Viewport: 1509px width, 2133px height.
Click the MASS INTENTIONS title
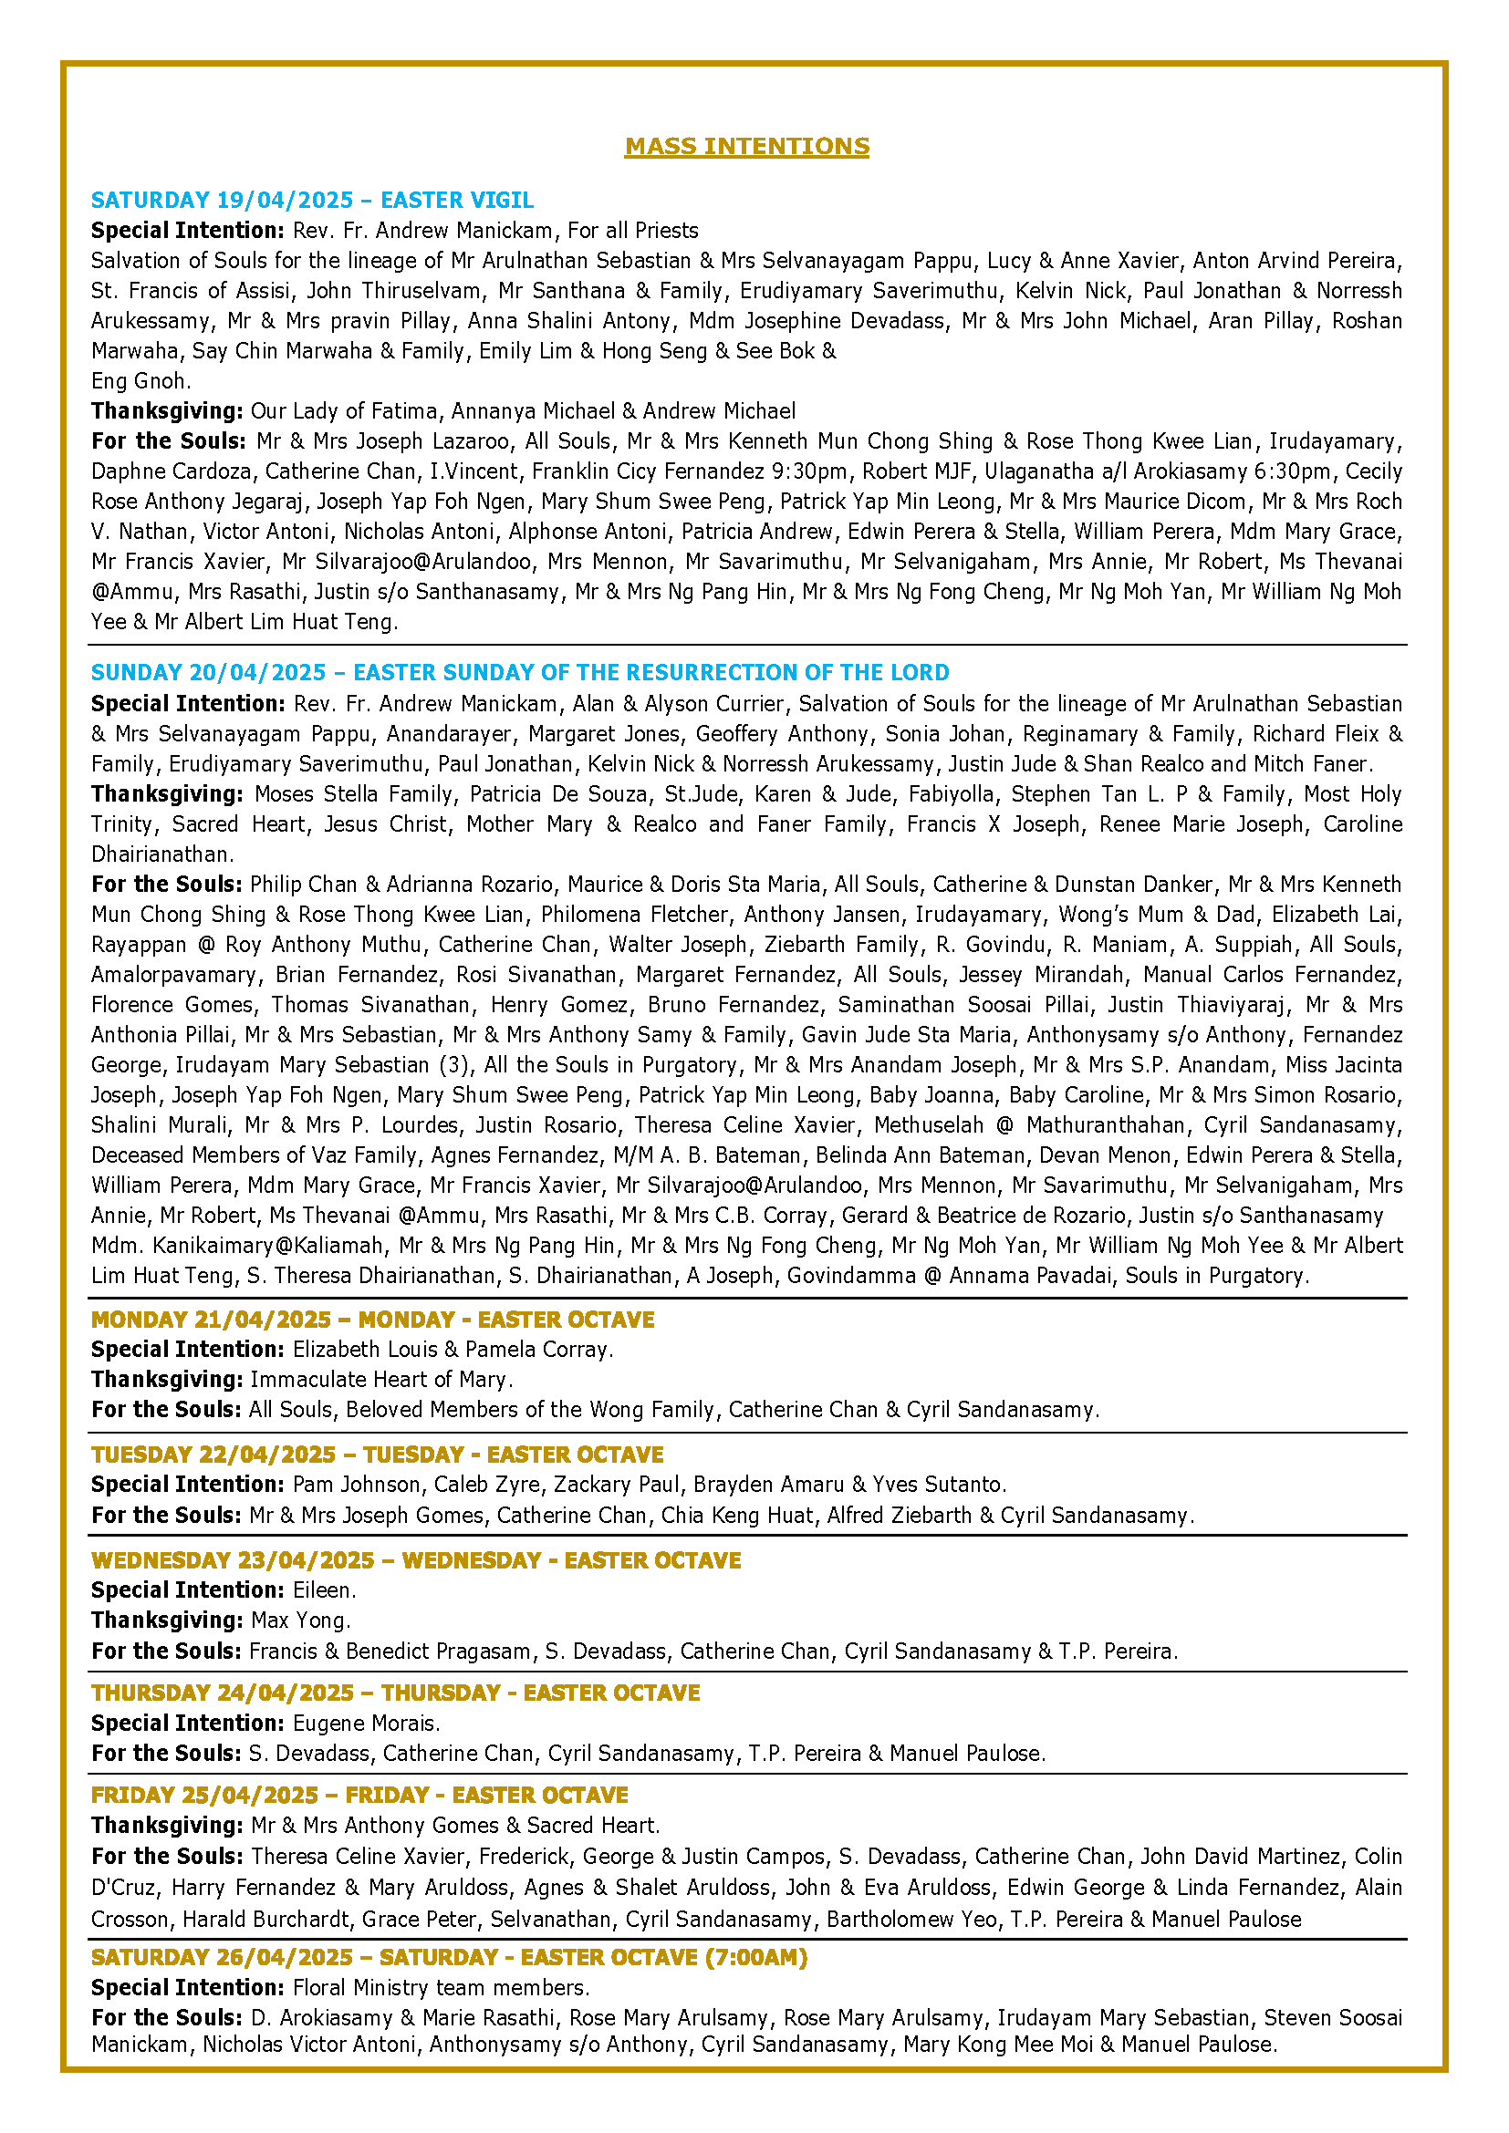[x=747, y=146]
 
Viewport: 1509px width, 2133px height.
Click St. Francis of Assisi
[x=193, y=291]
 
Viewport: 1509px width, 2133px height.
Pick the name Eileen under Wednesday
[x=322, y=1589]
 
